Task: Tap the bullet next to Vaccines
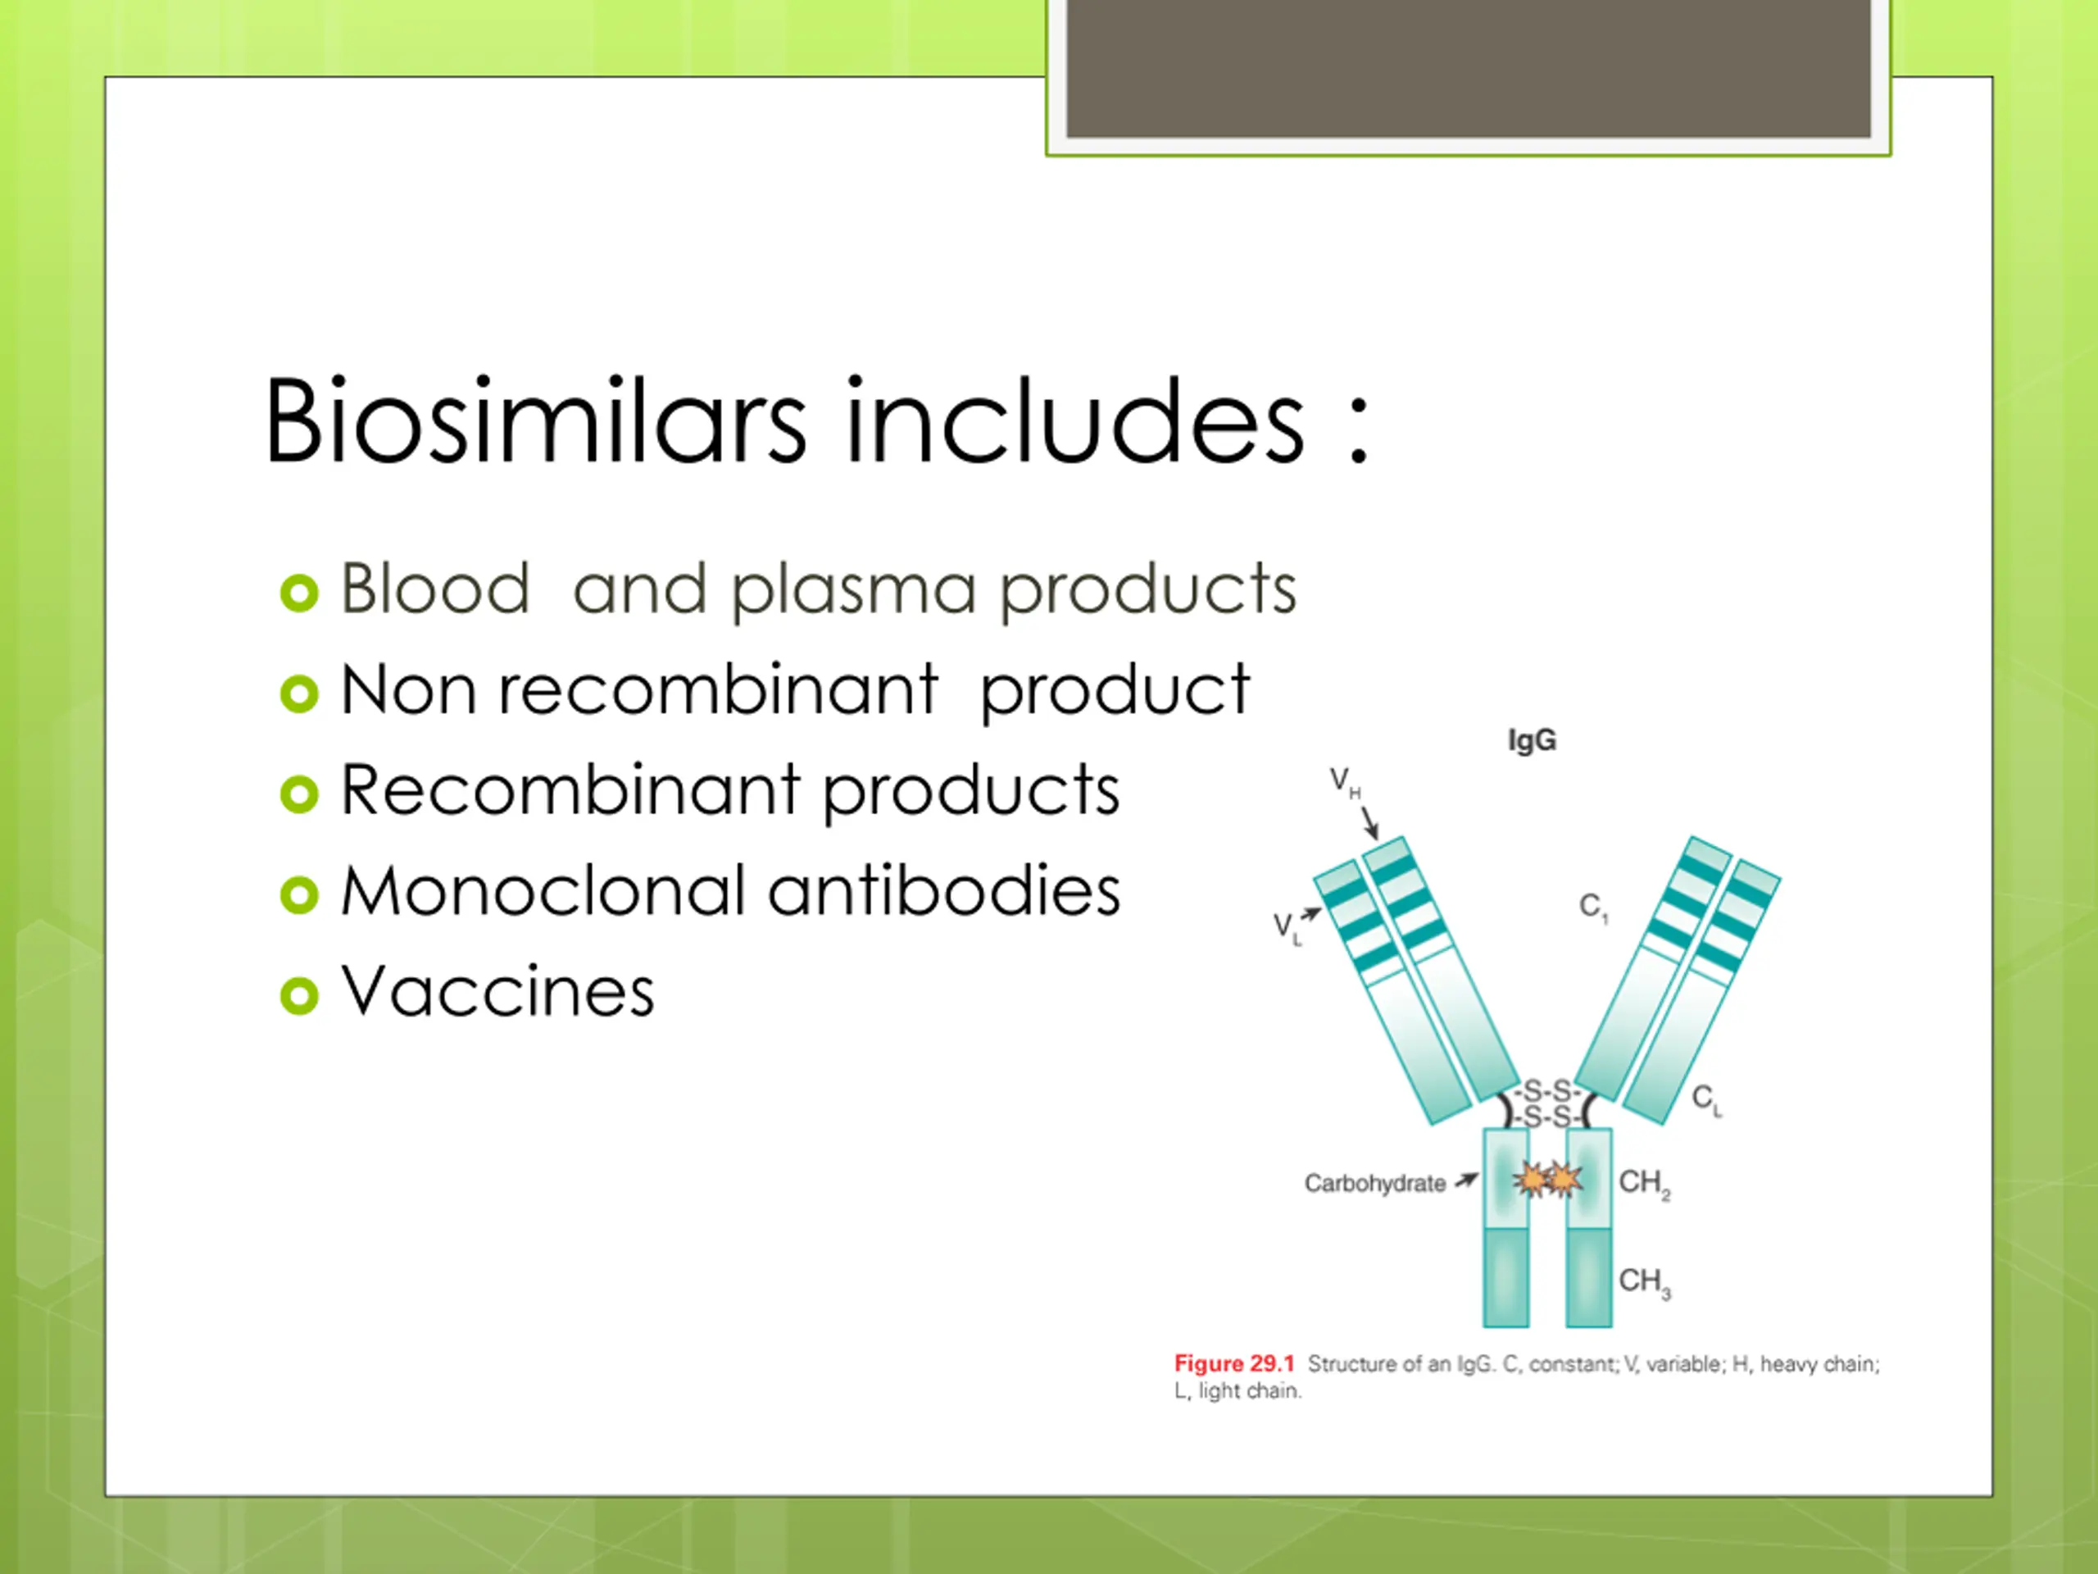(300, 995)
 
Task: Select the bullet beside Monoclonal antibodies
(300, 894)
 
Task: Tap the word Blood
(434, 589)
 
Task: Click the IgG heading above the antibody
(1532, 741)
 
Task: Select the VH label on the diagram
(1345, 783)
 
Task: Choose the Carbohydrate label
(1374, 1183)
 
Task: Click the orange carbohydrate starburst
(1547, 1180)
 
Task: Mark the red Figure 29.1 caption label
(1234, 1363)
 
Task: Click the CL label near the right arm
(1706, 1100)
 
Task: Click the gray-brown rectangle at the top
(1469, 68)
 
